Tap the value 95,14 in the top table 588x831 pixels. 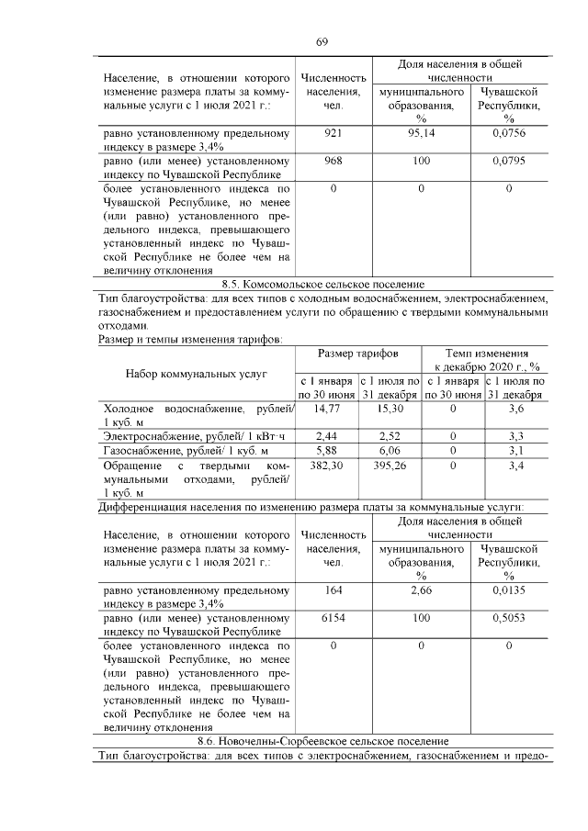[420, 133]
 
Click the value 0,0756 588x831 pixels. [508, 133]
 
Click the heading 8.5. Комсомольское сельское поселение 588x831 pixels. [322, 286]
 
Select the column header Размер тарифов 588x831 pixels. [357, 354]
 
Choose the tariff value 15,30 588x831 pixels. [390, 408]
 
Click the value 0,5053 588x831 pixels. [508, 618]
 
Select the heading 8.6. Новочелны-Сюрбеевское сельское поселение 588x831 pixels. [322, 741]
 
